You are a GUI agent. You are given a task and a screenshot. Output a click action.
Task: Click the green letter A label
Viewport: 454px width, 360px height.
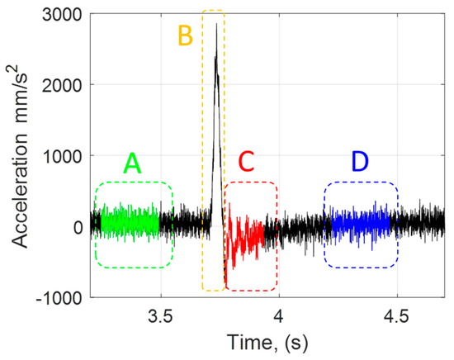coord(133,164)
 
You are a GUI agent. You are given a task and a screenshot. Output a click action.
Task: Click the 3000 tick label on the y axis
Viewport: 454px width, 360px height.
coord(63,14)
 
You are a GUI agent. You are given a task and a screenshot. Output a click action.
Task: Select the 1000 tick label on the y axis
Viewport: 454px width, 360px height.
coord(63,156)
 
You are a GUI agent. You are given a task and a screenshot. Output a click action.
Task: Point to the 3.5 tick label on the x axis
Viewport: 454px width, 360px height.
coord(160,316)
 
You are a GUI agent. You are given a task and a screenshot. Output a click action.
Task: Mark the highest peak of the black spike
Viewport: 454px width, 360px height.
coord(216,24)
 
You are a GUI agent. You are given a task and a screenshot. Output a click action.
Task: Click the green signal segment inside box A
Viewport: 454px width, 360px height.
coord(129,223)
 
